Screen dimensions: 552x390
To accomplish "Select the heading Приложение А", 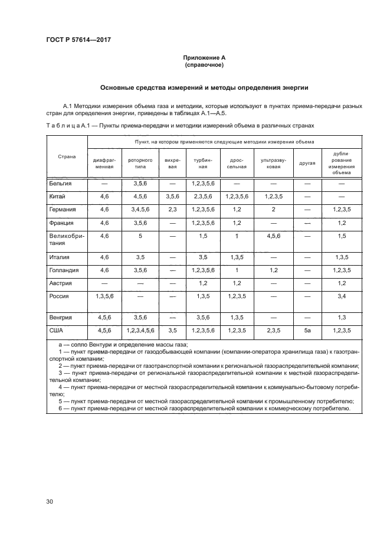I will click(204, 58).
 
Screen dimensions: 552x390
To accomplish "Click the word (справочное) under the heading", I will click(204, 65).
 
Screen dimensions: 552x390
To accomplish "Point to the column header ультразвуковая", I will click(273, 163).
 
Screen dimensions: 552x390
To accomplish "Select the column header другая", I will click(307, 162).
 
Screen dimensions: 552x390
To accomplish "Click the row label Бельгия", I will click(61, 184).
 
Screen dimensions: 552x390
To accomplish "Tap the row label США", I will click(57, 331).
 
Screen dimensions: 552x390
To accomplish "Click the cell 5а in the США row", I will click(307, 331).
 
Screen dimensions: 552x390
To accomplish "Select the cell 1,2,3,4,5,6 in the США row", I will click(140, 331).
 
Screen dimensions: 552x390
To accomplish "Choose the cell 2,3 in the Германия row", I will click(172, 209).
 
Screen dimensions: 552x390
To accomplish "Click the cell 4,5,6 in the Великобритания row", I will click(273, 236).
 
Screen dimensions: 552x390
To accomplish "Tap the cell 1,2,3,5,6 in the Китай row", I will click(237, 197).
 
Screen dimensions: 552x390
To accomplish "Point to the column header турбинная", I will click(203, 163).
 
